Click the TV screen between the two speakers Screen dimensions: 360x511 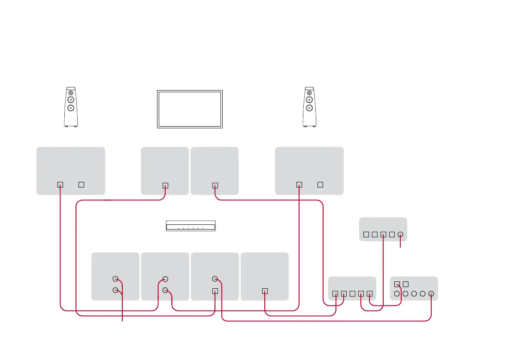190,109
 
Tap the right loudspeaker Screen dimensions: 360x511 309,107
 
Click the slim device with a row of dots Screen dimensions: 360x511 190,226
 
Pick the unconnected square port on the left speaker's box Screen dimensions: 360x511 81,185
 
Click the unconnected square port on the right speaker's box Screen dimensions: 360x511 320,185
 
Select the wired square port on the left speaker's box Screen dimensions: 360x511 60,185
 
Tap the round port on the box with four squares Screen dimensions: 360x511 400,235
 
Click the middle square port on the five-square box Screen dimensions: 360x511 352,294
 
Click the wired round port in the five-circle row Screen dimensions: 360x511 431,294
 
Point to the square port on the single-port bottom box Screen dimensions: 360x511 265,291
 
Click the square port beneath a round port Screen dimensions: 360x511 215,291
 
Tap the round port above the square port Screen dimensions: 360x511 215,278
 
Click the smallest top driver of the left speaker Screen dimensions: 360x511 71,92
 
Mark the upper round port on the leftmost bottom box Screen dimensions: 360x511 115,278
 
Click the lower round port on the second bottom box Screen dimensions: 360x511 166,290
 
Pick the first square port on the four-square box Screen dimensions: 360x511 366,235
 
